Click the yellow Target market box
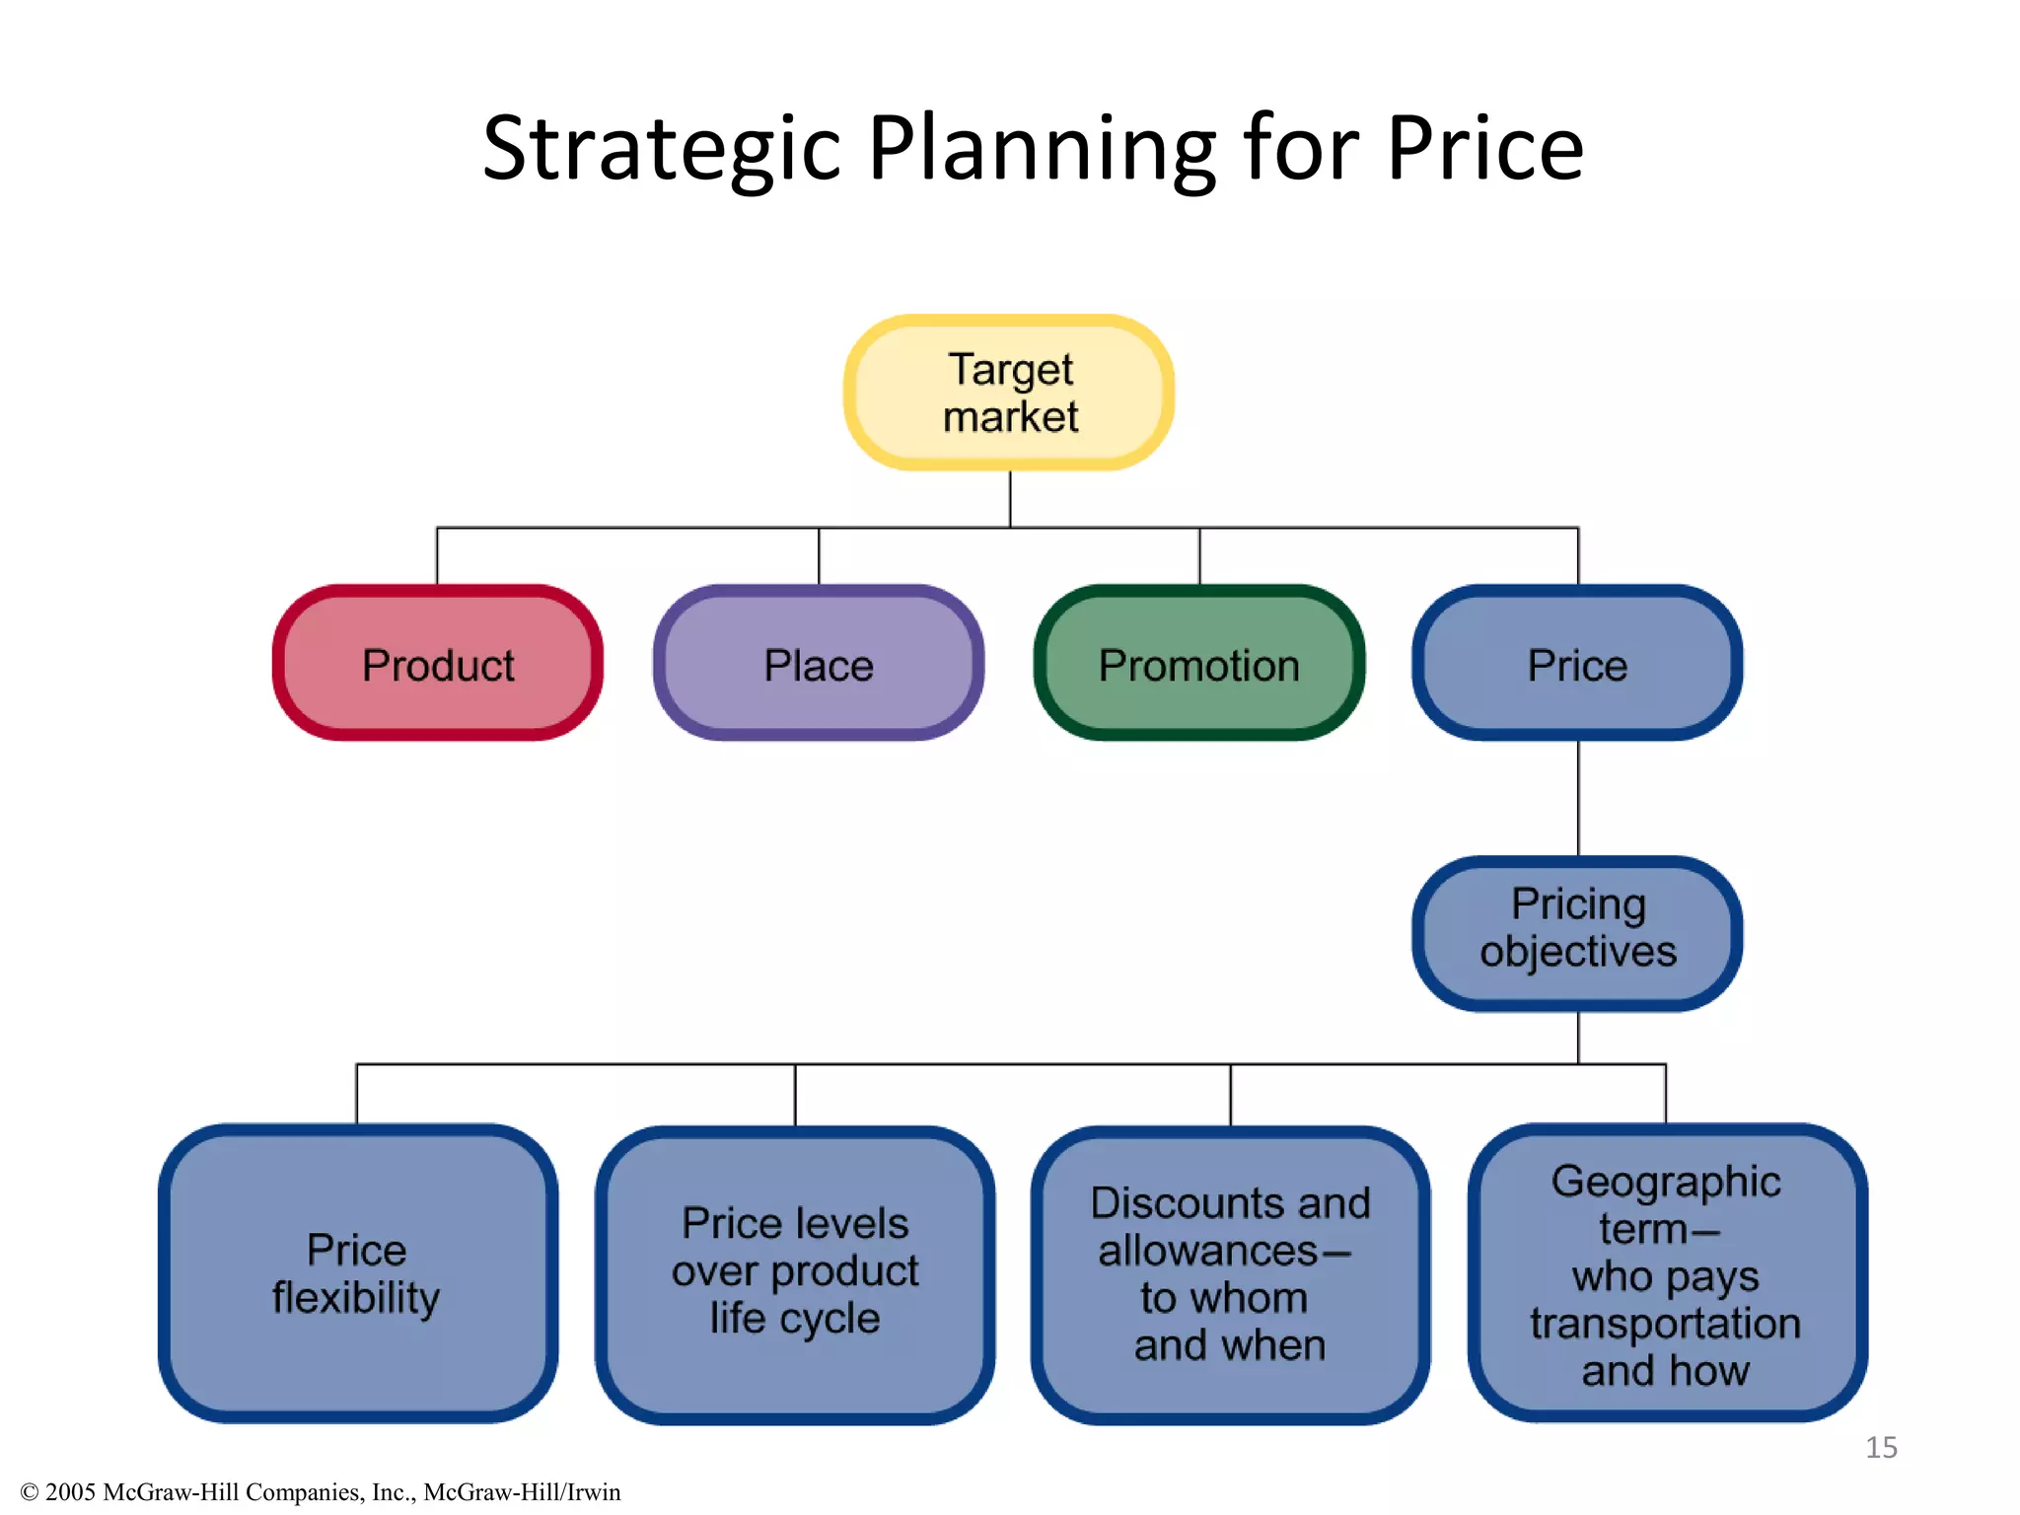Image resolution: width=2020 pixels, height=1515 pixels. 1009,393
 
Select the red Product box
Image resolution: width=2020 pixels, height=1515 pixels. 438,664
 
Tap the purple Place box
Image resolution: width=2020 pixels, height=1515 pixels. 819,664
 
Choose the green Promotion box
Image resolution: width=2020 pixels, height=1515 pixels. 1199,664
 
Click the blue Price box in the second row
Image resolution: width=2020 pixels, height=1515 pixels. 1577,664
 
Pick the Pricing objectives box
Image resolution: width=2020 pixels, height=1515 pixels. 1577,932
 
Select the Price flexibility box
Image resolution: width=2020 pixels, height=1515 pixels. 357,1273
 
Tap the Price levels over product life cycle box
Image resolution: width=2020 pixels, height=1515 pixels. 795,1273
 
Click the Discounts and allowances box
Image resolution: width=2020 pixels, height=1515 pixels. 1230,1273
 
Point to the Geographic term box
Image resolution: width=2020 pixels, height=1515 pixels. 1666,1273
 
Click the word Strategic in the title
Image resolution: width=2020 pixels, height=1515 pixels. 661,150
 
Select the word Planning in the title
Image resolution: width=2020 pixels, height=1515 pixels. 1042,150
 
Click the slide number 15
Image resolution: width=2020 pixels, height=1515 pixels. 1881,1447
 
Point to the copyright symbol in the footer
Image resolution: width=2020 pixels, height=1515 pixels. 30,1492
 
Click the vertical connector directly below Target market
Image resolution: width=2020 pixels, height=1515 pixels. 1010,499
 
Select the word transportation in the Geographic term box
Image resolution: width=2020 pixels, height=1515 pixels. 1666,1324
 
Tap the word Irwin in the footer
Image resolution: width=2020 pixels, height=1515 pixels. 593,1492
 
